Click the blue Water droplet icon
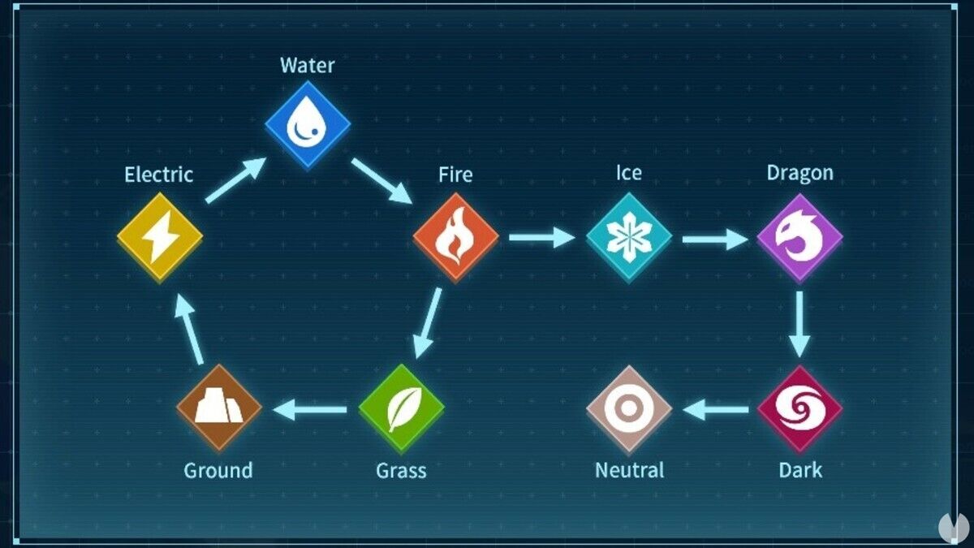click(308, 125)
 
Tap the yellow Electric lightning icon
click(160, 237)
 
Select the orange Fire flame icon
click(455, 237)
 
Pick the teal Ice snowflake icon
click(629, 237)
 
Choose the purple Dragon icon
click(799, 238)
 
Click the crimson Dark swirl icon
click(799, 409)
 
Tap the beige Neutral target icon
click(629, 409)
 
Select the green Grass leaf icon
click(401, 408)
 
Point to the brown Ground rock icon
click(218, 408)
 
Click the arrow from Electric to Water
click(235, 180)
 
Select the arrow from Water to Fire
click(381, 180)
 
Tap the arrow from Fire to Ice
click(542, 237)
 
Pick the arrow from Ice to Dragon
click(715, 239)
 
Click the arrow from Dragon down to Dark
click(799, 325)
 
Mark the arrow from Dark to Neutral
click(715, 410)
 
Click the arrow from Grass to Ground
click(309, 409)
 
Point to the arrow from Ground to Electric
click(189, 329)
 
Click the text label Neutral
click(629, 470)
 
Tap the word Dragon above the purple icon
click(800, 174)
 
